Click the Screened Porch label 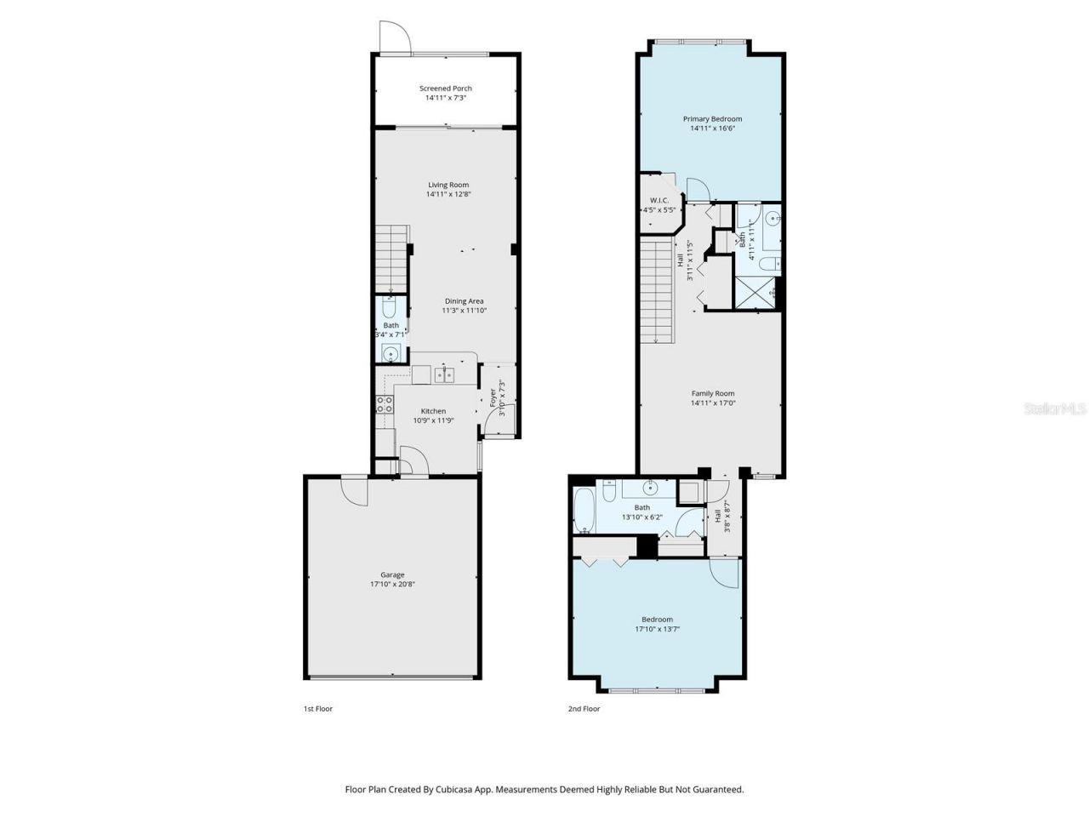pyautogui.click(x=445, y=89)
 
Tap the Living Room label pyautogui.click(x=448, y=185)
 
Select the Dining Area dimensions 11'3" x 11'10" pyautogui.click(x=464, y=311)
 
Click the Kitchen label pyautogui.click(x=433, y=411)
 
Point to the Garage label pyautogui.click(x=392, y=574)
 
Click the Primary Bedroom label pyautogui.click(x=712, y=119)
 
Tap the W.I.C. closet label pyautogui.click(x=659, y=201)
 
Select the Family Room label pyautogui.click(x=712, y=393)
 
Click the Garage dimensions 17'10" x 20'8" pyautogui.click(x=392, y=585)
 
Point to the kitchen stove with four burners pyautogui.click(x=385, y=404)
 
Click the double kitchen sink pyautogui.click(x=444, y=374)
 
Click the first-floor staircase pyautogui.click(x=392, y=259)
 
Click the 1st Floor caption pyautogui.click(x=318, y=708)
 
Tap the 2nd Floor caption pyautogui.click(x=584, y=708)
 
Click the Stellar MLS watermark pyautogui.click(x=1055, y=409)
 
